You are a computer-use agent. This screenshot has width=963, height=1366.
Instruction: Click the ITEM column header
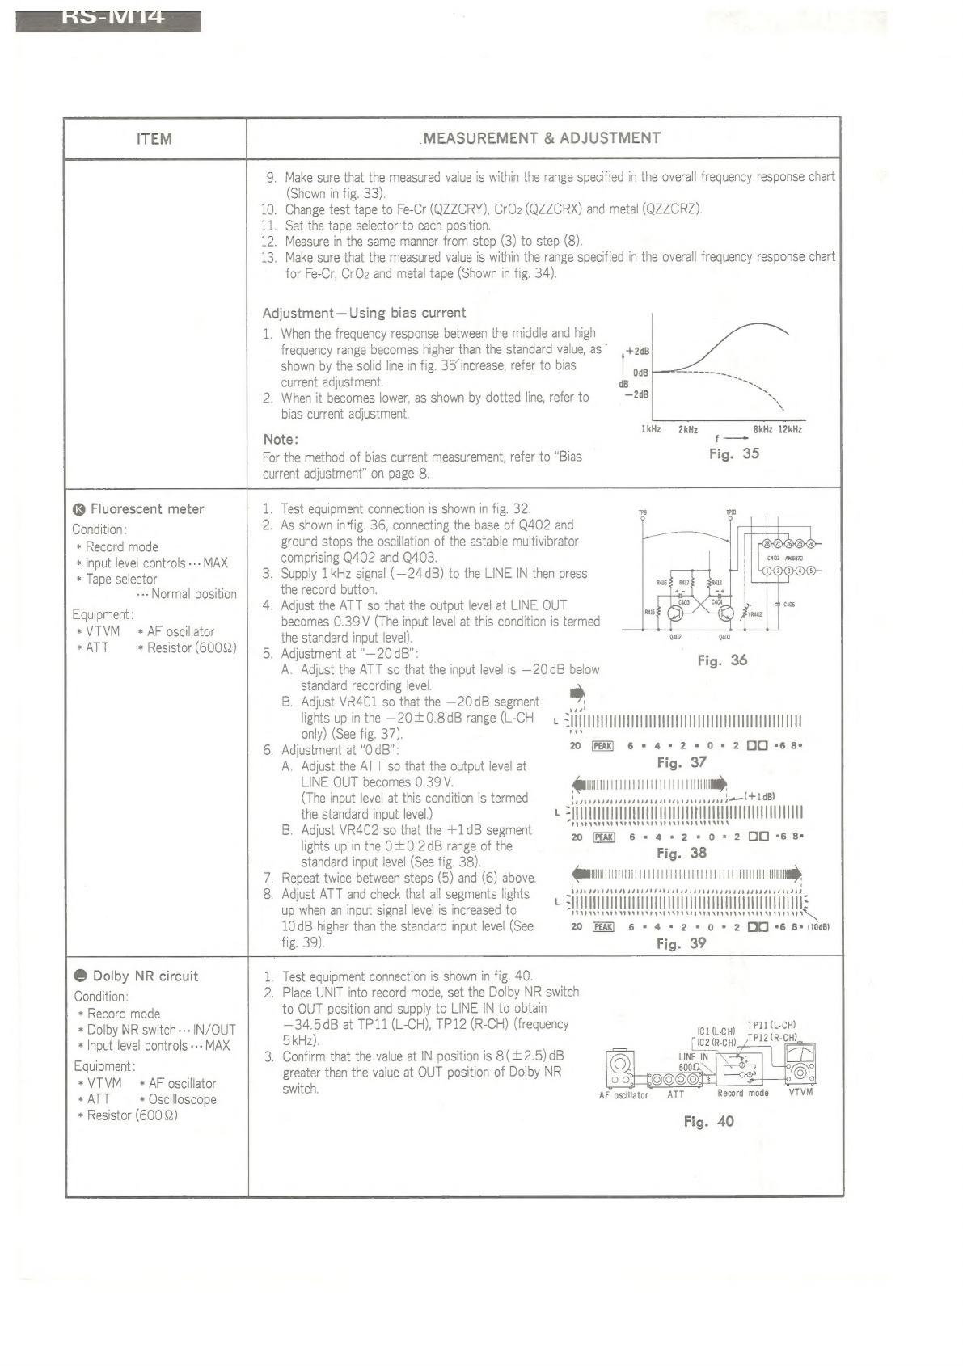point(154,139)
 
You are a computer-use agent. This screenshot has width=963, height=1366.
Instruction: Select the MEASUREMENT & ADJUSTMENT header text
point(541,138)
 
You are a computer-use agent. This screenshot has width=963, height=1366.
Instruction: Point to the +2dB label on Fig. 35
point(638,352)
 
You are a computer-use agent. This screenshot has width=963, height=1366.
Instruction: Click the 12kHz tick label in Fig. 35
point(790,429)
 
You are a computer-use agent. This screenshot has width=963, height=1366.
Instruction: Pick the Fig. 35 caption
point(733,453)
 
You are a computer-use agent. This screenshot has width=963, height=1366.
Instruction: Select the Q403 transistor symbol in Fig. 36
point(724,613)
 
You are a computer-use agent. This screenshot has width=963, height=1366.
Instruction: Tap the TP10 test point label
point(731,512)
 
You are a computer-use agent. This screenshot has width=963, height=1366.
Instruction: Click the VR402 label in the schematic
point(754,614)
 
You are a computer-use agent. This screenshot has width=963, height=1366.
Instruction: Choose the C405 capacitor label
point(788,604)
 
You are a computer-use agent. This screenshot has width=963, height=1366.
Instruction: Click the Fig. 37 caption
point(682,762)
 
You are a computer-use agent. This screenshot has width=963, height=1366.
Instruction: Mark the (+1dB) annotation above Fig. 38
point(760,796)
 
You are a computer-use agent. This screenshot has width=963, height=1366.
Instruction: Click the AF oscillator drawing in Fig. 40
point(621,1069)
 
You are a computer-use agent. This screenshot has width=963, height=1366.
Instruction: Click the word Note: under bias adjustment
point(281,439)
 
